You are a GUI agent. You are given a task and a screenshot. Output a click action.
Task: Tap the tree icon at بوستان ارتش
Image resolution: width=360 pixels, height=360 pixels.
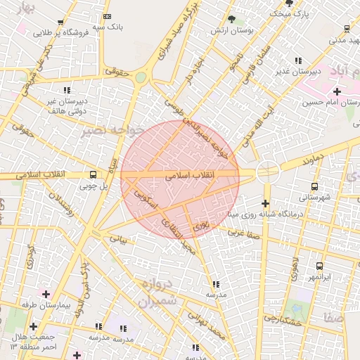point(233,18)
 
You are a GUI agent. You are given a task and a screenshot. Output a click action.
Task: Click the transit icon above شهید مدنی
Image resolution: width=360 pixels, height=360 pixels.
point(347,29)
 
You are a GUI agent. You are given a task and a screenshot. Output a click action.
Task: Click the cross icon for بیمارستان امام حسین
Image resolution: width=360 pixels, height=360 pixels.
point(337,91)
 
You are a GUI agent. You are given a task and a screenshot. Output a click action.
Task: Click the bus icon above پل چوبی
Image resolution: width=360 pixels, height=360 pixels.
point(94,174)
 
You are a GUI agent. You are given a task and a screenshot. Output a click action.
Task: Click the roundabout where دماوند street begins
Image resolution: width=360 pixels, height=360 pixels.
point(267,170)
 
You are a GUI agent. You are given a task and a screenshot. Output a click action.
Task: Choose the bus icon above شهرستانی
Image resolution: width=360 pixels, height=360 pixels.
point(314,187)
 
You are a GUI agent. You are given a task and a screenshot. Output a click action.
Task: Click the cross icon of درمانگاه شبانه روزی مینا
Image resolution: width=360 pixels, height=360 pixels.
point(265,203)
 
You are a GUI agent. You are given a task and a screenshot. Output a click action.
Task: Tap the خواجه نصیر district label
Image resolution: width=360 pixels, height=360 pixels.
point(112,131)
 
